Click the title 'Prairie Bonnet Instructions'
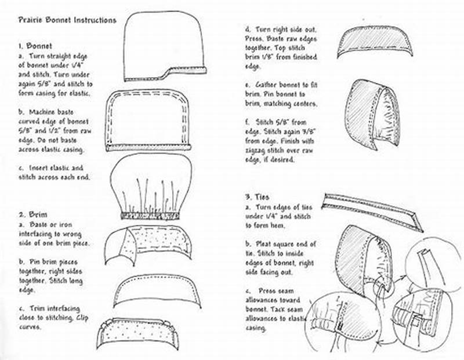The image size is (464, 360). point(66,20)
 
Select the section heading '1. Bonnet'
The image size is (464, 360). point(35,45)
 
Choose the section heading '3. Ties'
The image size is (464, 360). point(257,197)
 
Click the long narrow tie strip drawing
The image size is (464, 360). point(371,208)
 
